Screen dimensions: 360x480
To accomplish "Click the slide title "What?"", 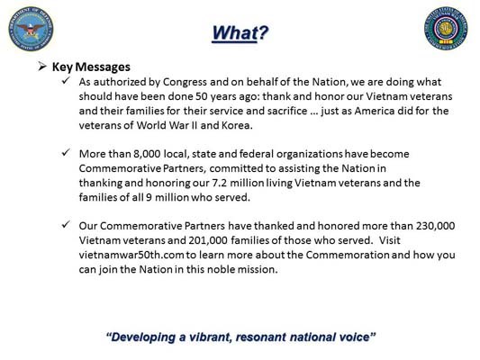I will [x=240, y=33].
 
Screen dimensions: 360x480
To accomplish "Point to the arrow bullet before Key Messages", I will [x=42, y=67].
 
